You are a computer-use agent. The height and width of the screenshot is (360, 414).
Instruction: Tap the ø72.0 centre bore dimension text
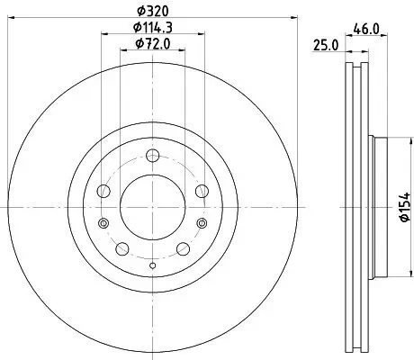[151, 44]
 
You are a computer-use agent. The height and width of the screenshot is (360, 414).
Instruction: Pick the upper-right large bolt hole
[200, 192]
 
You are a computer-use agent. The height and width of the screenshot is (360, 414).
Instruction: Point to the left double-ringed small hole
[103, 224]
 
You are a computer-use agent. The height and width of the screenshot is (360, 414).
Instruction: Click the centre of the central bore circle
[152, 208]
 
